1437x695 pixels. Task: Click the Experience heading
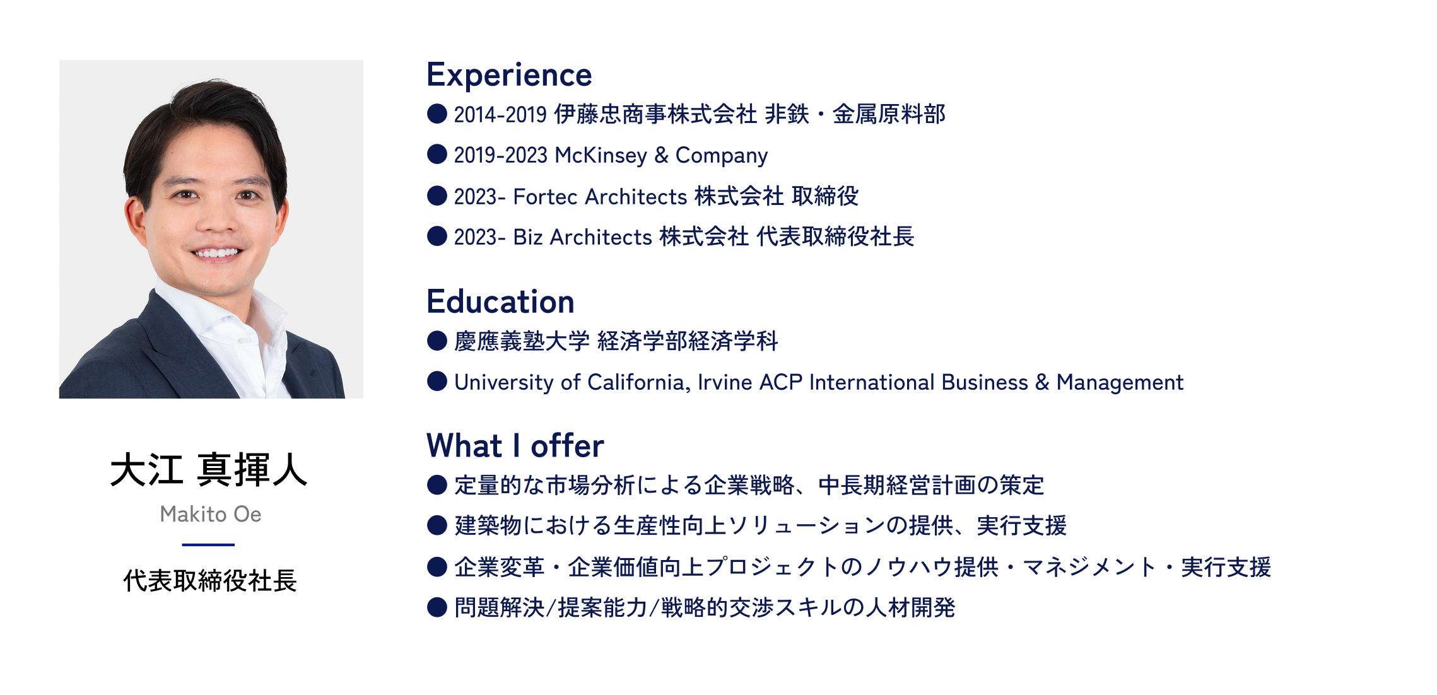pyautogui.click(x=509, y=76)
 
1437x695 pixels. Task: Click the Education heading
pyautogui.click(x=500, y=301)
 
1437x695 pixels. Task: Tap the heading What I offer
pyautogui.click(x=515, y=445)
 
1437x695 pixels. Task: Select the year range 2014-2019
pyautogui.click(x=500, y=115)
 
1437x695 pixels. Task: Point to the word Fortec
pyautogui.click(x=546, y=197)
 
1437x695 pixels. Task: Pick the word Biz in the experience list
pyautogui.click(x=528, y=237)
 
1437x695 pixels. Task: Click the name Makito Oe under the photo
pyautogui.click(x=211, y=514)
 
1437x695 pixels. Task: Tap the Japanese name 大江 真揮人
pyautogui.click(x=209, y=470)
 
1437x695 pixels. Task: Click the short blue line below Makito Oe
pyautogui.click(x=208, y=544)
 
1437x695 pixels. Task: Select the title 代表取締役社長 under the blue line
pyautogui.click(x=210, y=580)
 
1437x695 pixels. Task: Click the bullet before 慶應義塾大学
pyautogui.click(x=437, y=341)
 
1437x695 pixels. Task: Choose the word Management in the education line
pyautogui.click(x=1120, y=383)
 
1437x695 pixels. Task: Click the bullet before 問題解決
pyautogui.click(x=437, y=607)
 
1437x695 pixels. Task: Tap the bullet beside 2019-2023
pyautogui.click(x=437, y=154)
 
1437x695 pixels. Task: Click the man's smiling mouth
pyautogui.click(x=216, y=253)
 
